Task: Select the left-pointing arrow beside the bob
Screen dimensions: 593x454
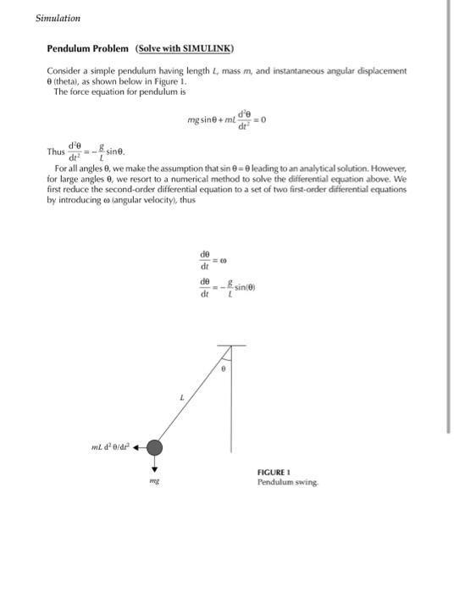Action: (x=136, y=447)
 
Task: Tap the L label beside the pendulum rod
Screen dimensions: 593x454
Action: (x=181, y=396)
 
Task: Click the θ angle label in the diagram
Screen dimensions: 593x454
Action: (x=223, y=369)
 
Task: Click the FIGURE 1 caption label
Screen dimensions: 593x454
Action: (x=274, y=473)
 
